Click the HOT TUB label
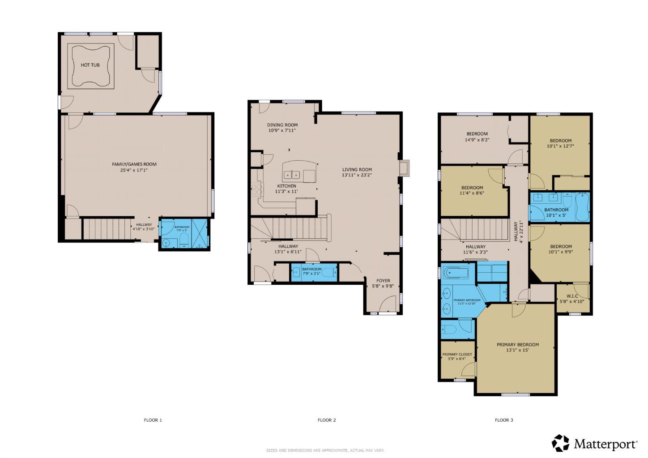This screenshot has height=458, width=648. (90, 65)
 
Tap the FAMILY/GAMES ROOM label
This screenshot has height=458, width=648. (134, 164)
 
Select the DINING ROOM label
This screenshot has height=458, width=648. (282, 125)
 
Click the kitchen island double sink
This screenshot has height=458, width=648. (293, 174)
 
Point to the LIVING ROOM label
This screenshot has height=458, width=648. (357, 170)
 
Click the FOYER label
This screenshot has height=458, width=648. (383, 281)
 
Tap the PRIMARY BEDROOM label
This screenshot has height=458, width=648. (517, 345)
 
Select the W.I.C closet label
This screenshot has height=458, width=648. (572, 296)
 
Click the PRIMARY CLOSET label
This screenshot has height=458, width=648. (457, 354)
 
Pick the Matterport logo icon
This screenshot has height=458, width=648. (560, 443)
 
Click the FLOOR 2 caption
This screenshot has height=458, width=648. (327, 420)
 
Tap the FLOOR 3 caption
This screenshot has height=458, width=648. (504, 420)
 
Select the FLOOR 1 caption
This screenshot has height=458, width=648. (153, 420)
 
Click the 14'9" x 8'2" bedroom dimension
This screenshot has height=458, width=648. (477, 140)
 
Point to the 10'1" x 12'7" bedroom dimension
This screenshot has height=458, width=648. (560, 146)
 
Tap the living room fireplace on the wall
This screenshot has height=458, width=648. (404, 167)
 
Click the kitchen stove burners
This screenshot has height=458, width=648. (257, 190)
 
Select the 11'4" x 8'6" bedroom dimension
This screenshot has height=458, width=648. (472, 193)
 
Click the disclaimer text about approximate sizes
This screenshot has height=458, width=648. (325, 450)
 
